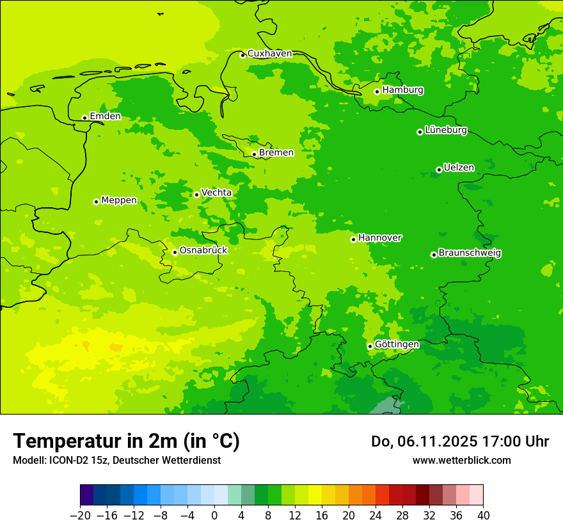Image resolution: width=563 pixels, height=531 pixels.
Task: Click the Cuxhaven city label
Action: [269, 54]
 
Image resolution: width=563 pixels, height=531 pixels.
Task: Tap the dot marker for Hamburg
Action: [377, 91]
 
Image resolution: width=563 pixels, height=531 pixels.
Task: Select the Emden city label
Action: [105, 116]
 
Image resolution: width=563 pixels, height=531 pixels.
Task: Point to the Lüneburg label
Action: [446, 131]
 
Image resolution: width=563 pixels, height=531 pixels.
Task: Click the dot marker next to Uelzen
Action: [439, 170]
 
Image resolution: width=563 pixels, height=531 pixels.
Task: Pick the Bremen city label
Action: [276, 153]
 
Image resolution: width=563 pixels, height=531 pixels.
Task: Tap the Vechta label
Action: [216, 193]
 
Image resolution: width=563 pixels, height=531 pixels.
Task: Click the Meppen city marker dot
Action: [96, 202]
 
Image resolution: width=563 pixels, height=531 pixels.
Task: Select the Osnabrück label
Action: [203, 251]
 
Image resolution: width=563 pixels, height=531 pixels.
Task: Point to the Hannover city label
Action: [380, 238]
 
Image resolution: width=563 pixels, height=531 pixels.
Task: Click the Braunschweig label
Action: [470, 253]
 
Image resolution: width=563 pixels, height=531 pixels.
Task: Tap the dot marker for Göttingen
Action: [370, 346]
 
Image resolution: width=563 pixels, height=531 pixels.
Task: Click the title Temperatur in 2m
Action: [126, 441]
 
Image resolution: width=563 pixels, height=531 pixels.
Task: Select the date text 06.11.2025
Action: [436, 441]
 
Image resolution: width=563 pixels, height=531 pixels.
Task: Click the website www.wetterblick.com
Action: [461, 460]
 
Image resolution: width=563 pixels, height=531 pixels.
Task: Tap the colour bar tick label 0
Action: [214, 516]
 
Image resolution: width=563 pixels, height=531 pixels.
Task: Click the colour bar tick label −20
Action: [80, 516]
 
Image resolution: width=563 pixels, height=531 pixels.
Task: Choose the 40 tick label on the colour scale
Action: [483, 516]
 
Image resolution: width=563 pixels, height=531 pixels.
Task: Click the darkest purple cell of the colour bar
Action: [86, 495]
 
